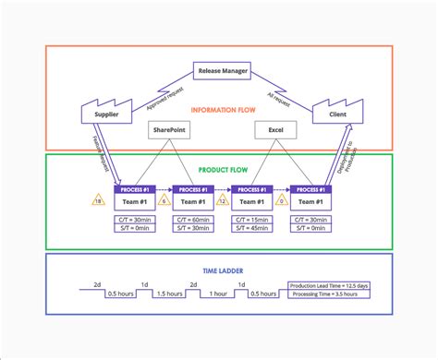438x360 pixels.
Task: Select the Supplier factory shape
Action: [x=108, y=114]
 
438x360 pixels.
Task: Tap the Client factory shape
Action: [x=331, y=114]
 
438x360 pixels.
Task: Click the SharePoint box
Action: [x=167, y=131]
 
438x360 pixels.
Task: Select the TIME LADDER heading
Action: [x=219, y=271]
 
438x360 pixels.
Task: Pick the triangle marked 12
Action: [x=222, y=199]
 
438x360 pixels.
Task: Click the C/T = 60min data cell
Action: [x=192, y=219]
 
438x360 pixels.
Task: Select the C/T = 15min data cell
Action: [x=250, y=219]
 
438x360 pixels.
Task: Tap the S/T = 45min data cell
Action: [x=250, y=229]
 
